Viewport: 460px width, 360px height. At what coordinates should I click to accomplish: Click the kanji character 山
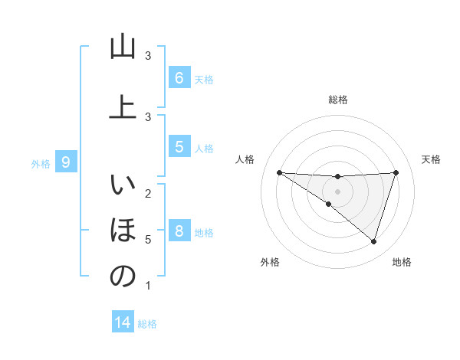pyautogui.click(x=123, y=47)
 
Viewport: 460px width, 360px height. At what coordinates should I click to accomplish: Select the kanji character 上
pyautogui.click(x=123, y=106)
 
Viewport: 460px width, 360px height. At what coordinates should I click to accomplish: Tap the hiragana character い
pyautogui.click(x=123, y=186)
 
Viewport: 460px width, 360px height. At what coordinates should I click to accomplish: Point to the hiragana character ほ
pyautogui.click(x=123, y=229)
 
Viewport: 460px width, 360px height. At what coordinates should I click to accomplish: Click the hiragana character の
pyautogui.click(x=123, y=277)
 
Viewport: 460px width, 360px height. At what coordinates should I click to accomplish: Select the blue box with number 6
pyautogui.click(x=179, y=78)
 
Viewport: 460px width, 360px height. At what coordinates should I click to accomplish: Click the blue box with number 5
pyautogui.click(x=179, y=147)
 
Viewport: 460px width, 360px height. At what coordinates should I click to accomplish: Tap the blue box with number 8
pyautogui.click(x=179, y=231)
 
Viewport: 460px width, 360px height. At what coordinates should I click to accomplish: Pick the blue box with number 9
pyautogui.click(x=66, y=162)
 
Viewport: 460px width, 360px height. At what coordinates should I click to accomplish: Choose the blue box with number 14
pyautogui.click(x=123, y=322)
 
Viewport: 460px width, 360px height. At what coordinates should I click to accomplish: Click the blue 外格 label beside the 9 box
pyautogui.click(x=41, y=163)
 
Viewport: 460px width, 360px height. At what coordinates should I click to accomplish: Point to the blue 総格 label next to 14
pyautogui.click(x=147, y=324)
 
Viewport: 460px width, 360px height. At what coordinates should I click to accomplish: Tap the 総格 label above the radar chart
pyautogui.click(x=337, y=100)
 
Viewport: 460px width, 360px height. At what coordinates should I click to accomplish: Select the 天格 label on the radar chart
pyautogui.click(x=432, y=159)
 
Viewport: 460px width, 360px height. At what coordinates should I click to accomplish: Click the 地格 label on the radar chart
pyautogui.click(x=402, y=262)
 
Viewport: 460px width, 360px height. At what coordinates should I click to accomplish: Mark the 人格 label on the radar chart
pyautogui.click(x=245, y=159)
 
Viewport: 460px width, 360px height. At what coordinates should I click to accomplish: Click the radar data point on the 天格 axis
pyautogui.click(x=396, y=172)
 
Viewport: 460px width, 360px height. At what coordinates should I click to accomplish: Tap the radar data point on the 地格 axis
pyautogui.click(x=373, y=241)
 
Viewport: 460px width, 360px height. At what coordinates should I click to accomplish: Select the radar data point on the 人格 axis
pyautogui.click(x=279, y=172)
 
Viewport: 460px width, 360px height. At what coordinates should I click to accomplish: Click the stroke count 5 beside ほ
pyautogui.click(x=147, y=240)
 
